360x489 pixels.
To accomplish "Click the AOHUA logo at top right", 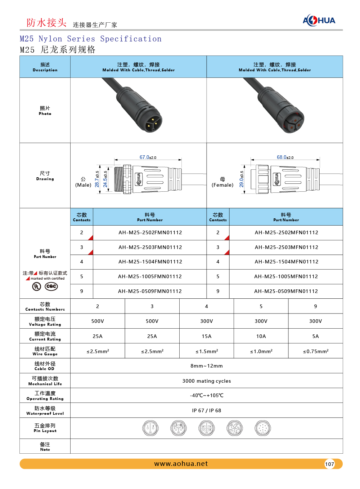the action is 319,20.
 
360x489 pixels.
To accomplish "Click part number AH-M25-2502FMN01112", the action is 150,232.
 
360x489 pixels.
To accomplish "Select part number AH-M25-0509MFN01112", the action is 286,291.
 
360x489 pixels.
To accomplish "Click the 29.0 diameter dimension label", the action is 241,179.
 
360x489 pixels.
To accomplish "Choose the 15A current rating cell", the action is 207,336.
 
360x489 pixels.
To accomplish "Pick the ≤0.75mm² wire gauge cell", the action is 315,351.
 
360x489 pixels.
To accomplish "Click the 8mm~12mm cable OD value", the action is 207,366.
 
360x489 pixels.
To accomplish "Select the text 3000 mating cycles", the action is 207,381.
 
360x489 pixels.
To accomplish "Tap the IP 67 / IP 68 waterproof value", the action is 207,410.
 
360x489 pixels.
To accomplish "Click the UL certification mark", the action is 37,286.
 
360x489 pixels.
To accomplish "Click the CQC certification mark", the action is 51,286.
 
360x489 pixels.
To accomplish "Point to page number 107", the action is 329,464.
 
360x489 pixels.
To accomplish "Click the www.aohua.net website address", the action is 181,464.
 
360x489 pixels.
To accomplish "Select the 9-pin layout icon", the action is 262,428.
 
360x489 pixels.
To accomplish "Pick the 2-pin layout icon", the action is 150,428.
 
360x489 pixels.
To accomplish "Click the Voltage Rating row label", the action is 45,321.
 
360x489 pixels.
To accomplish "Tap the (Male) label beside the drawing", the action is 83,185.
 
